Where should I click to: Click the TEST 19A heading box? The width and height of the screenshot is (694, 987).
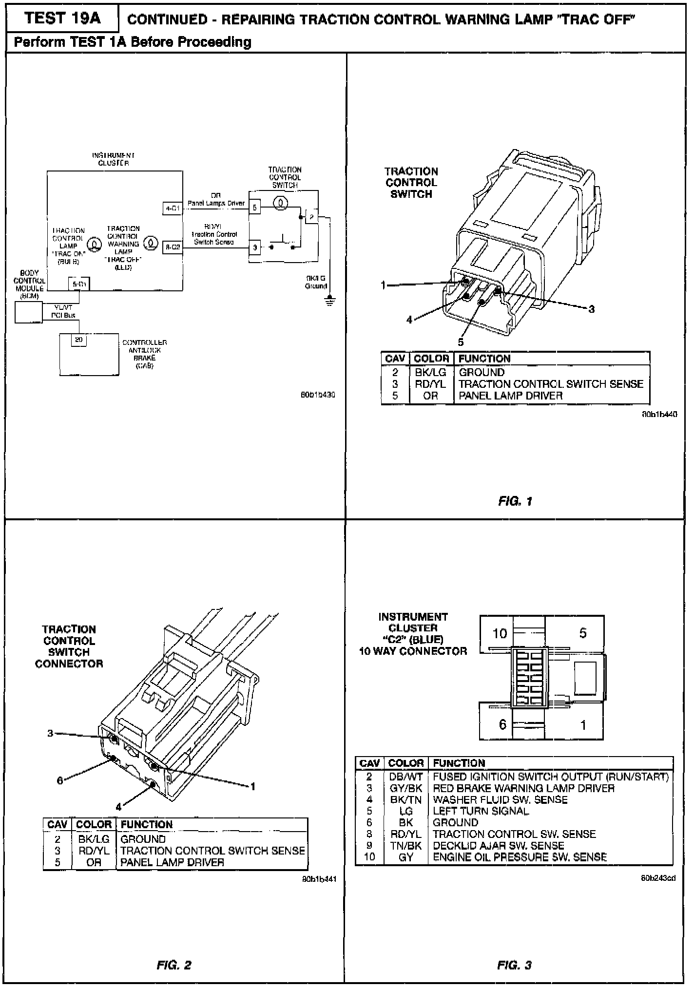point(62,19)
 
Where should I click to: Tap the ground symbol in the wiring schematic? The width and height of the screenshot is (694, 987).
point(330,301)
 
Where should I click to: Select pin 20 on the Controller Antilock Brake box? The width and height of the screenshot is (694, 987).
point(78,340)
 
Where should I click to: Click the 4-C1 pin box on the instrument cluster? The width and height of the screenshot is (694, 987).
point(173,209)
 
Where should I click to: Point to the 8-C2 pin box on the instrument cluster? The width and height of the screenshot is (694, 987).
point(173,247)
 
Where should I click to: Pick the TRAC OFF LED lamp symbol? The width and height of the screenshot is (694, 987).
point(151,242)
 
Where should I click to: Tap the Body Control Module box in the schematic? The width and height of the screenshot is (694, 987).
point(29,312)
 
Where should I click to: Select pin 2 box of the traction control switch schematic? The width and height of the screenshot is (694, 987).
point(311,216)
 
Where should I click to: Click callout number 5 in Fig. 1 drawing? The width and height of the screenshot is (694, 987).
point(461,342)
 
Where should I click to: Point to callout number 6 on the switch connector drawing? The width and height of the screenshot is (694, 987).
point(60,780)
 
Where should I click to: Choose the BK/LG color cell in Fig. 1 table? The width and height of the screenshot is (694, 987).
point(431,373)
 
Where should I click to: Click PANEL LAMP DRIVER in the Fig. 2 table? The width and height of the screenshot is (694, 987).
point(172,862)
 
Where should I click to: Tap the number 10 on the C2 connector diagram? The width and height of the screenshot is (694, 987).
point(500,633)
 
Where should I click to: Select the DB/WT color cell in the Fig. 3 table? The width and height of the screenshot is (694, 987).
point(405,777)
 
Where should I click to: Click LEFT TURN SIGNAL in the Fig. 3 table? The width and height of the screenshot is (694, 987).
point(481,811)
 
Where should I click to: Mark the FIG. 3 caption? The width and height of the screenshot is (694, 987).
point(515,965)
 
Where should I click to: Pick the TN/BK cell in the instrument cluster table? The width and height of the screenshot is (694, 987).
point(405,846)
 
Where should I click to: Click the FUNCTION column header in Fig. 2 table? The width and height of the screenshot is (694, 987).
point(147,824)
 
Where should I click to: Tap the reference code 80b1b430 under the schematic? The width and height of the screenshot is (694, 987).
point(318,395)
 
